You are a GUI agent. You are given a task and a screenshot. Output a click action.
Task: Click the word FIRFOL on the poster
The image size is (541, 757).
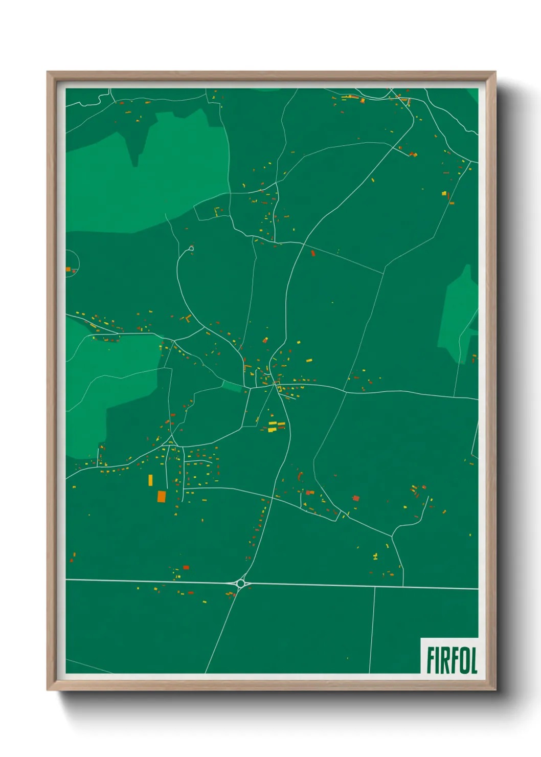452,660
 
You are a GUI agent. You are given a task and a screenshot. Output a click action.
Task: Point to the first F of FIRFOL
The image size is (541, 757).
431,660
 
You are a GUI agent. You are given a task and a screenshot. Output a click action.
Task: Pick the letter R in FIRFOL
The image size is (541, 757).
444,660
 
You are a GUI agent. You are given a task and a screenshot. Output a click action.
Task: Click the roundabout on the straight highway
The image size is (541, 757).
241,583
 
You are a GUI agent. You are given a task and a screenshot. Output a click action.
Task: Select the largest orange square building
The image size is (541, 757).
162,496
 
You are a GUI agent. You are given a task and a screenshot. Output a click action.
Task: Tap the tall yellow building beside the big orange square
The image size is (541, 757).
150,480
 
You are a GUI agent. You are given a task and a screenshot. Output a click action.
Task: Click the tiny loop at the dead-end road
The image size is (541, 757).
191,249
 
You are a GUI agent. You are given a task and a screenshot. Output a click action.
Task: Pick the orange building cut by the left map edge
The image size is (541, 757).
68,269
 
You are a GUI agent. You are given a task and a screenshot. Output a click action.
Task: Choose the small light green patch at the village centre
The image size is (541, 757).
233,387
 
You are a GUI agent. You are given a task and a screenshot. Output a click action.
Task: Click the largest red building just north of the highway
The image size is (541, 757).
186,567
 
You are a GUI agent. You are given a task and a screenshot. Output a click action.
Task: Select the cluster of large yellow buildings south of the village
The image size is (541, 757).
276,426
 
